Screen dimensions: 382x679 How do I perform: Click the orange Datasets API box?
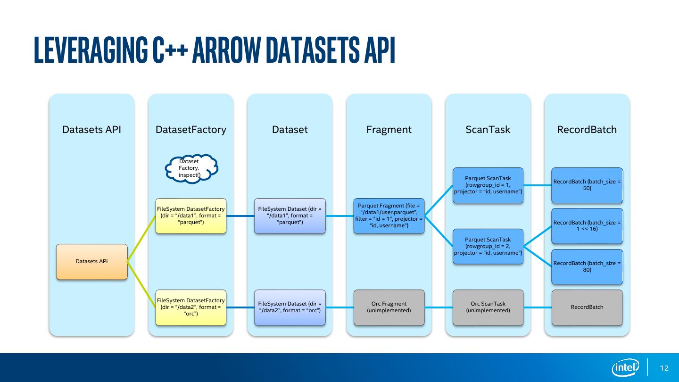[91, 261]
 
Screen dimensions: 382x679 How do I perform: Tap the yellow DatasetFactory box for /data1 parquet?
[191, 216]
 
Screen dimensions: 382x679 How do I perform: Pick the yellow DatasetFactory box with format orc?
[191, 307]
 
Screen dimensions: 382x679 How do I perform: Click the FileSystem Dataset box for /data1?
[290, 216]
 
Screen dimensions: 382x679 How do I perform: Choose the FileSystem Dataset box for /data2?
[290, 307]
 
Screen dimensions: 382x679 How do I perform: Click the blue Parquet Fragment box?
[389, 216]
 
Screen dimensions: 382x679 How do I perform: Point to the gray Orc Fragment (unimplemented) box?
[389, 307]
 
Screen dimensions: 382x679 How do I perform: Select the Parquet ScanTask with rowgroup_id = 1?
[488, 185]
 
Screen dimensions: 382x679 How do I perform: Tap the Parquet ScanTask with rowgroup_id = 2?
[488, 246]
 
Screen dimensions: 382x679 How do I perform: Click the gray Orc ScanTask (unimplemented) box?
[488, 307]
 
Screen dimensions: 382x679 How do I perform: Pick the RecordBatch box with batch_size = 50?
[587, 185]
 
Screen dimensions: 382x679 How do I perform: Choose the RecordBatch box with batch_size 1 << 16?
[587, 225]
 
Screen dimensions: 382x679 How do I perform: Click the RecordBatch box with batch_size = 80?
[587, 266]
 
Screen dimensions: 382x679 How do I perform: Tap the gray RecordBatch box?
[587, 307]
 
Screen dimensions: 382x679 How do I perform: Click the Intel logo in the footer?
[625, 367]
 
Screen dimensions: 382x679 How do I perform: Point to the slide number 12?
[664, 368]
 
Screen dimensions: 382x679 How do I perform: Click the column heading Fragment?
[389, 130]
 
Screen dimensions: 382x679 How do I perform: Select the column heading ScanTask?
[488, 130]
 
